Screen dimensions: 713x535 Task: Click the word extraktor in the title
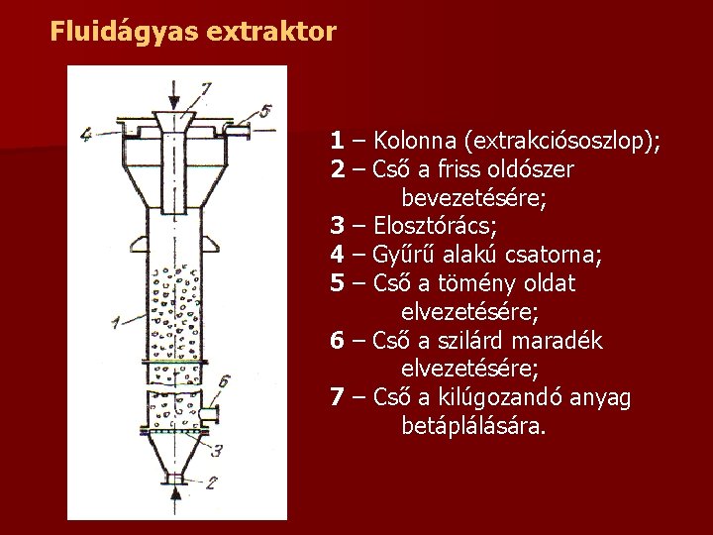(x=272, y=32)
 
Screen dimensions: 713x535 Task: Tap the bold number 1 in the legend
(x=338, y=141)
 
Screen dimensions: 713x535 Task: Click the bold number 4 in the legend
(x=338, y=256)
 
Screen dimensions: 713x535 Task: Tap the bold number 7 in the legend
(x=338, y=398)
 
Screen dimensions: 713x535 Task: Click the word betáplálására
(x=473, y=427)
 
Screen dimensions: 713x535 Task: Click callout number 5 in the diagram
(x=266, y=108)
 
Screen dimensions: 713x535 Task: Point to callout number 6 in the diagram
(x=225, y=380)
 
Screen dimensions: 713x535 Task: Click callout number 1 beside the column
(x=117, y=321)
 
